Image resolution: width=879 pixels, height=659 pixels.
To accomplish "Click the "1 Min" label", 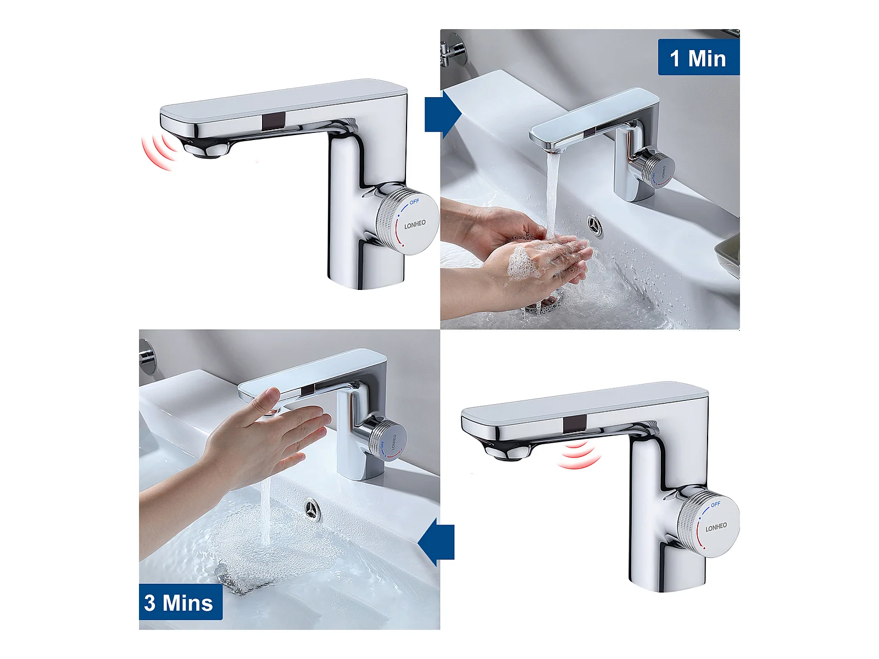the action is click(698, 58).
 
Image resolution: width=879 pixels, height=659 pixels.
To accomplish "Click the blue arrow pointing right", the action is click(443, 114).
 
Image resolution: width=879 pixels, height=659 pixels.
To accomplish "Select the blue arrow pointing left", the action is click(436, 542).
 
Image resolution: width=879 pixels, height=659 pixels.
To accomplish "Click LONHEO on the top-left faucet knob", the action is click(415, 225).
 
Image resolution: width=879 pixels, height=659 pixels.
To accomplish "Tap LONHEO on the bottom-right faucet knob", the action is click(716, 527).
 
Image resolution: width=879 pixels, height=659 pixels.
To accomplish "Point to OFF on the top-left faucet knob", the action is click(414, 202).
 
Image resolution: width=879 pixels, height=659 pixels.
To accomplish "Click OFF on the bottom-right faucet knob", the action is click(715, 504).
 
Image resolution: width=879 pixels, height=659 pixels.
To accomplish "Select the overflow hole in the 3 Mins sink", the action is click(313, 510).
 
